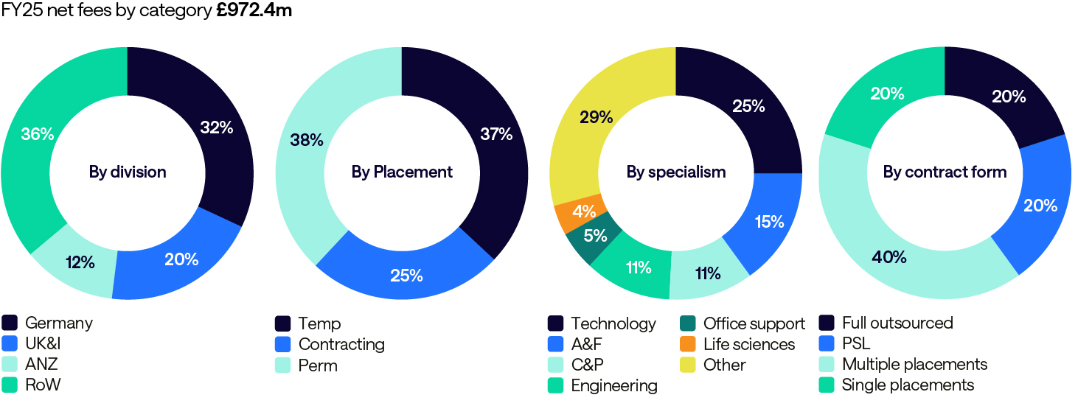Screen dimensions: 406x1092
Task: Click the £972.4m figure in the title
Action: [x=254, y=12]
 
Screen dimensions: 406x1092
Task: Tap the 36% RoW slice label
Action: [x=37, y=135]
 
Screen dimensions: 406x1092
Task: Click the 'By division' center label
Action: [x=128, y=172]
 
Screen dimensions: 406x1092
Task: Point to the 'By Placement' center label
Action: [x=402, y=172]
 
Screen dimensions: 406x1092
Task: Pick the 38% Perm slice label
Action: [x=306, y=139]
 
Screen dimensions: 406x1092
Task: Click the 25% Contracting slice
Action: [x=406, y=276]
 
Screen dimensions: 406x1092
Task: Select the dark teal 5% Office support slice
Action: [x=595, y=237]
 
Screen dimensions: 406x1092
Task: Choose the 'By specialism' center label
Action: [x=676, y=172]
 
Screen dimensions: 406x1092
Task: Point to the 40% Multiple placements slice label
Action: [x=888, y=257]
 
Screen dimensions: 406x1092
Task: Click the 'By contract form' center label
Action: [x=945, y=172]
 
